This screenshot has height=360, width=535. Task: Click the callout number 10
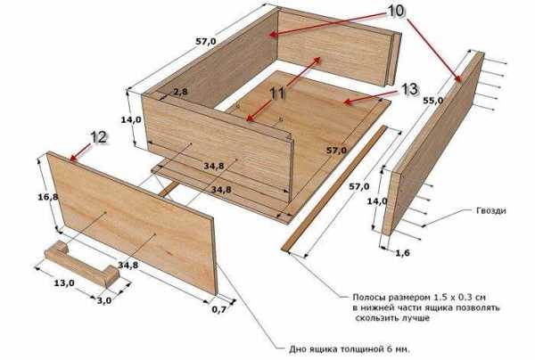click(396, 11)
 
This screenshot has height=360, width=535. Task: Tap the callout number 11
click(277, 94)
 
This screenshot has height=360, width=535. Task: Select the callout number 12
click(98, 138)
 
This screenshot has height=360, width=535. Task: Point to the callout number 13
click(409, 89)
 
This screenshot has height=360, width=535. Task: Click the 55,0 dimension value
click(433, 101)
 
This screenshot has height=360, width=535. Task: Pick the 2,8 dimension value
click(180, 92)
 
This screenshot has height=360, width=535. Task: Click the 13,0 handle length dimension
click(64, 283)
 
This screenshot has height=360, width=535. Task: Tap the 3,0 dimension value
click(104, 300)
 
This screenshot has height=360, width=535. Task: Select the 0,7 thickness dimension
click(219, 309)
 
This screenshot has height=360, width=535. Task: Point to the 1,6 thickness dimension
click(403, 253)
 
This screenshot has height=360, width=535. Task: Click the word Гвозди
click(491, 211)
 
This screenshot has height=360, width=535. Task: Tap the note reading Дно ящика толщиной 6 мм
click(350, 349)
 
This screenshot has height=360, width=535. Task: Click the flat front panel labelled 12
click(132, 224)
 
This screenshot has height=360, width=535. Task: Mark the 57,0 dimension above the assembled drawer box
click(206, 42)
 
